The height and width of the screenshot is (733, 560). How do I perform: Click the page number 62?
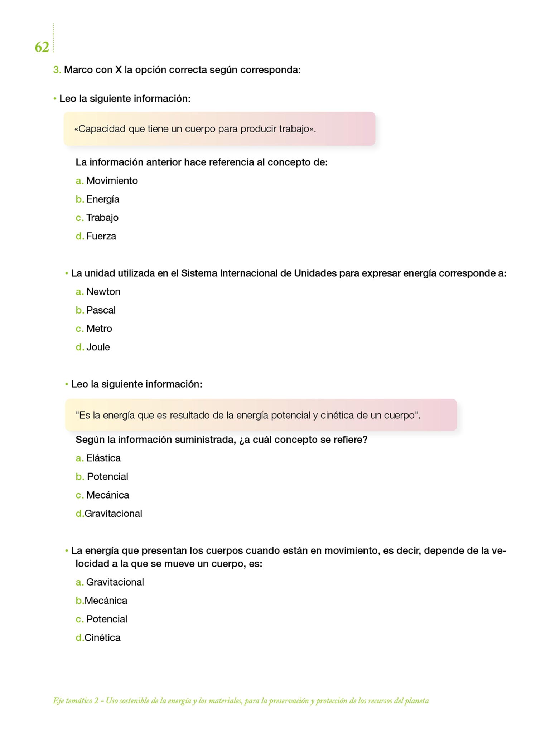tap(42, 47)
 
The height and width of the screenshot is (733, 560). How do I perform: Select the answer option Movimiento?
tap(112, 181)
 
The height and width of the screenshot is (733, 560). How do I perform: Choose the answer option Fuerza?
tap(101, 236)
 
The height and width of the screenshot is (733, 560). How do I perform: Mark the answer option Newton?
tap(103, 292)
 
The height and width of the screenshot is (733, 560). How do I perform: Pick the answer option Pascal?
tap(101, 310)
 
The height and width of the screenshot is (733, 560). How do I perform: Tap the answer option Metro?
tap(99, 329)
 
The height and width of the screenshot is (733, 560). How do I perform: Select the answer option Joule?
tap(98, 347)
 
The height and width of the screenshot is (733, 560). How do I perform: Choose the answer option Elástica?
tap(103, 458)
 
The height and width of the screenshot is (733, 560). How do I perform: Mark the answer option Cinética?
tap(102, 637)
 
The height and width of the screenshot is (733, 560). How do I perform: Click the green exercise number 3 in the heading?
tap(57, 70)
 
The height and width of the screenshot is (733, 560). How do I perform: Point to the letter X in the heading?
tap(118, 70)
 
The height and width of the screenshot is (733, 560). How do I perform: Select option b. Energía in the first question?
tap(102, 199)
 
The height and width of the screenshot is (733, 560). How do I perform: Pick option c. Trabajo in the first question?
tap(102, 218)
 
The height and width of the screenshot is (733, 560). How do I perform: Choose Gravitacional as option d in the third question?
tap(113, 514)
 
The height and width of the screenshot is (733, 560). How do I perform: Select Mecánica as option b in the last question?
tap(106, 601)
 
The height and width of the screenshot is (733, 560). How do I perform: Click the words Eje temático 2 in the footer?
tap(76, 701)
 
